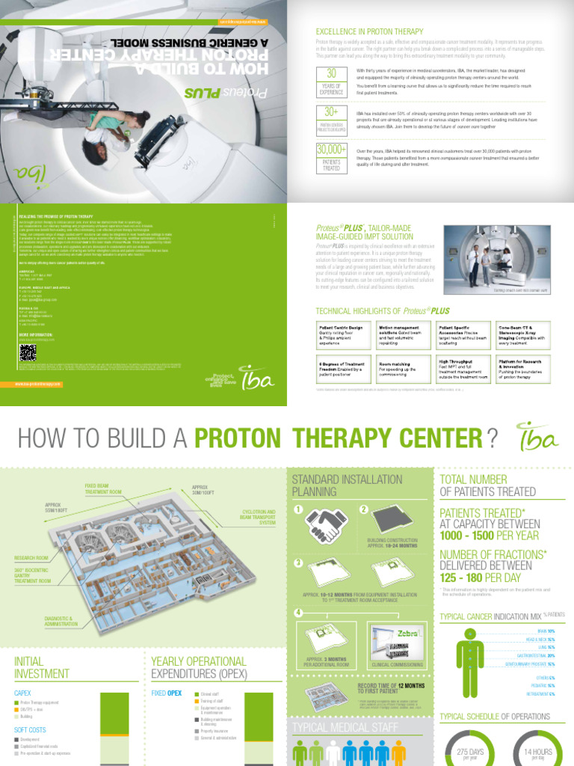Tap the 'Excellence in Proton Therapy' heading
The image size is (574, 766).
point(369,31)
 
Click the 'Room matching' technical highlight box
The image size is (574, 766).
point(402,370)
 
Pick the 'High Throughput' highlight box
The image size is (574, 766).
point(462,370)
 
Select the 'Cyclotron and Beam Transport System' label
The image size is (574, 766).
point(257,517)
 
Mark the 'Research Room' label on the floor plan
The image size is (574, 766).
point(32,558)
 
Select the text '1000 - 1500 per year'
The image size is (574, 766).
point(490,536)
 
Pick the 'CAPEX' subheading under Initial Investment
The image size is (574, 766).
point(23,693)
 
